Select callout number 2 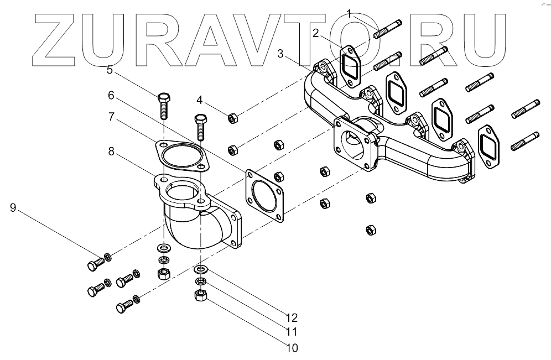click(316, 33)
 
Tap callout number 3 click(282, 54)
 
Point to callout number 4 click(200, 101)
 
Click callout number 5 click(110, 70)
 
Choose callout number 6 click(111, 95)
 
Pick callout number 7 click(111, 117)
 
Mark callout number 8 click(111, 150)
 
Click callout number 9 click(13, 207)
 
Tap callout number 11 click(292, 332)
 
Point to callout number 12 click(292, 317)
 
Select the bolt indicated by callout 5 click(164, 106)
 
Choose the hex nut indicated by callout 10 click(200, 296)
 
